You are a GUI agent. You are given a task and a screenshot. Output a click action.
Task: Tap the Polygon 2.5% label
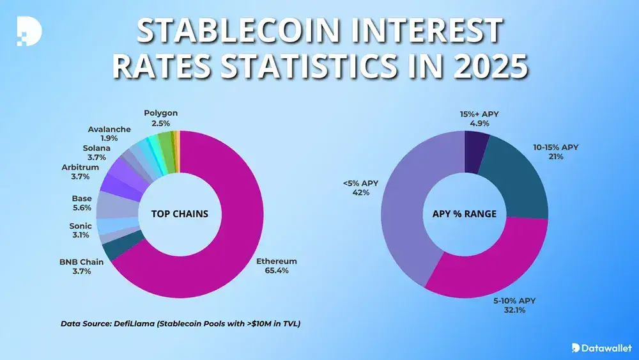click(160, 118)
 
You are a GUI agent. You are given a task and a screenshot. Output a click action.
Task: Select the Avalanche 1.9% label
click(109, 133)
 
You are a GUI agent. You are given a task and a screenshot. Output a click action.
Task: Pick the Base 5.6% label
click(82, 203)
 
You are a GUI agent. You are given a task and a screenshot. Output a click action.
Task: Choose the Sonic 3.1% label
click(81, 231)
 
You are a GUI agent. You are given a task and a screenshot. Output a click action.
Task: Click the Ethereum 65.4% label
click(276, 266)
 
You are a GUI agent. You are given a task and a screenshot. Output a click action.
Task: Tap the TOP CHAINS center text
click(180, 214)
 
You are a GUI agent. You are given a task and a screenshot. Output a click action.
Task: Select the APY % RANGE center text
click(465, 214)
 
